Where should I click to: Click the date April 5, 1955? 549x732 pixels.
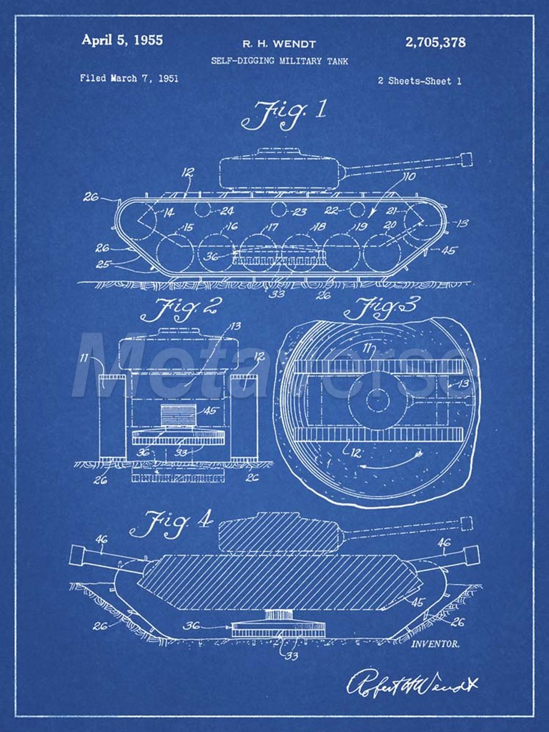point(122,40)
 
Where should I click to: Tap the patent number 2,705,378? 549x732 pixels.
point(435,42)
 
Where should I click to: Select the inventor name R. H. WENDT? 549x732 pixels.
point(279,44)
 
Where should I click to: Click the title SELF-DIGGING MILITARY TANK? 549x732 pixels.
point(280,61)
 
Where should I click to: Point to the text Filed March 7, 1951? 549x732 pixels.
point(129,79)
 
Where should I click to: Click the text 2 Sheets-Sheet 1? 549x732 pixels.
point(419,81)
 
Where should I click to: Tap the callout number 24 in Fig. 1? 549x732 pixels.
point(227,211)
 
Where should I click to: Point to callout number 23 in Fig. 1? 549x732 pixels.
point(300,212)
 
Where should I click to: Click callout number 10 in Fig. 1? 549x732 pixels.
point(409,177)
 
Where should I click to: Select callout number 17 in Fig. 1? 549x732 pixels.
point(272,227)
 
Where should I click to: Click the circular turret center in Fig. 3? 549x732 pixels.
point(377,400)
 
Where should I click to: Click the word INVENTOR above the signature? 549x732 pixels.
point(435,644)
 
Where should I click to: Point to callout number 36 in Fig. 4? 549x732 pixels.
point(192,625)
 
